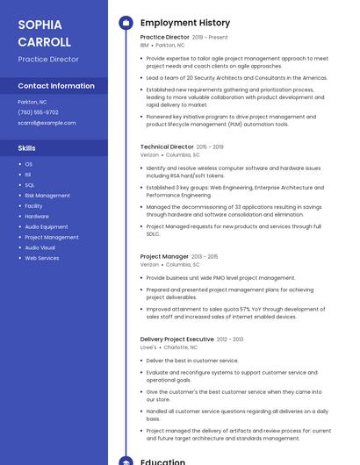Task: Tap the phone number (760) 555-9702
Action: coord(38,112)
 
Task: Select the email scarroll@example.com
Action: coord(47,123)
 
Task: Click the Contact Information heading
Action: coord(56,86)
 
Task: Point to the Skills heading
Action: coord(27,148)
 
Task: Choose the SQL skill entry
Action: coord(30,185)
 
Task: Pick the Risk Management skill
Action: coord(47,196)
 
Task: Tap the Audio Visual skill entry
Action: coord(40,247)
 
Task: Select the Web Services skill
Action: coord(42,258)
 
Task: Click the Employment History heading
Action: coord(185,23)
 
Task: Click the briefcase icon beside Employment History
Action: coord(126,23)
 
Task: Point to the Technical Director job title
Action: coord(167,147)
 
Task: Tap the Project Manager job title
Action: coord(164,256)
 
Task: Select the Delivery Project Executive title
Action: coord(176,339)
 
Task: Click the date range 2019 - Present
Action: coord(210,38)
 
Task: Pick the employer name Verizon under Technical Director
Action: coord(149,154)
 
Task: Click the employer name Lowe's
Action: coord(148,347)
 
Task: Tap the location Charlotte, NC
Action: coord(181,347)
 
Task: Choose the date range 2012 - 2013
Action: coord(230,339)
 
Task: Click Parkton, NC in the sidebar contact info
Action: coord(32,102)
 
